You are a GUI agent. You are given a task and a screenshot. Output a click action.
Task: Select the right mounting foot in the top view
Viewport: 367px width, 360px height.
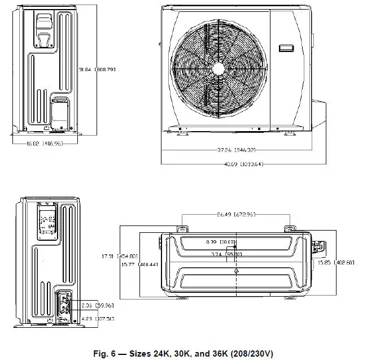pos(289,228)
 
